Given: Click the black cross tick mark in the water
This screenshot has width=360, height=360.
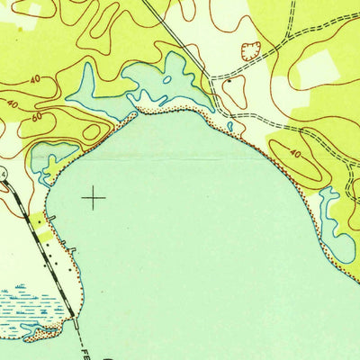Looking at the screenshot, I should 94,196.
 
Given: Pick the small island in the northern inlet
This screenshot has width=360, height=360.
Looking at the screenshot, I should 168,78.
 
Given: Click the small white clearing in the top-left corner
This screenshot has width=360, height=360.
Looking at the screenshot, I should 33,10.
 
